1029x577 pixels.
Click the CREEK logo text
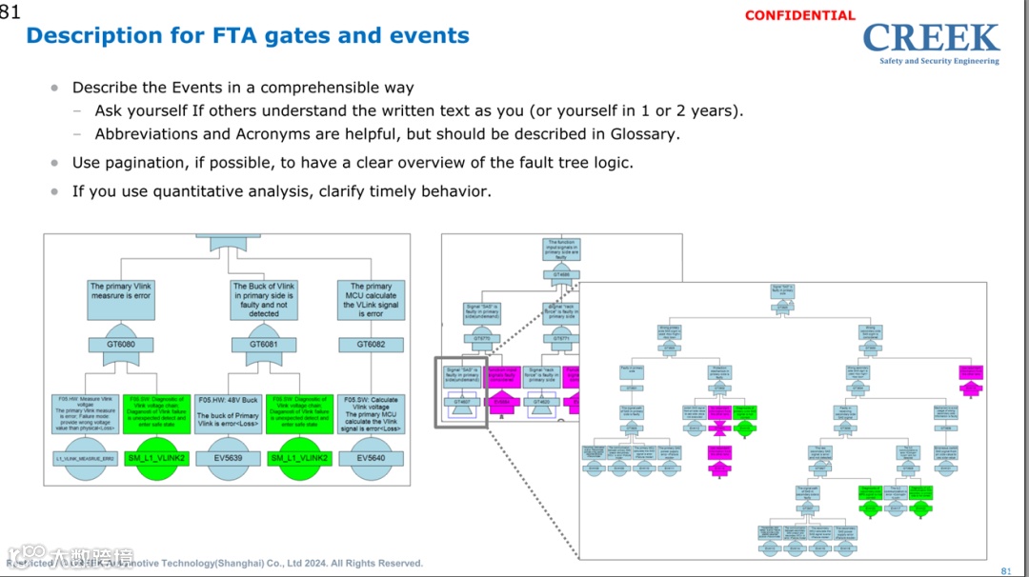[931, 38]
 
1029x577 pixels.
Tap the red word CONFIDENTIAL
[800, 15]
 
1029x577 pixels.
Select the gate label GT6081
[264, 344]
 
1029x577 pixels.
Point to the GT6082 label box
[371, 344]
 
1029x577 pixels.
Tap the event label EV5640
[371, 458]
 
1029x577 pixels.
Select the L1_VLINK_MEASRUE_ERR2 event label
[84, 458]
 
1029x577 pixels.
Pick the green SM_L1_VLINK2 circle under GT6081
[299, 458]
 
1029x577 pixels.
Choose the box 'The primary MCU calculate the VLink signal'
[371, 299]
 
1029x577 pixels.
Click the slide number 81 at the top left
[10, 11]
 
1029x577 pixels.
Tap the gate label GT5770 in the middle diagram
[482, 338]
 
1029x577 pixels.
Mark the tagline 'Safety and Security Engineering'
[938, 61]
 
